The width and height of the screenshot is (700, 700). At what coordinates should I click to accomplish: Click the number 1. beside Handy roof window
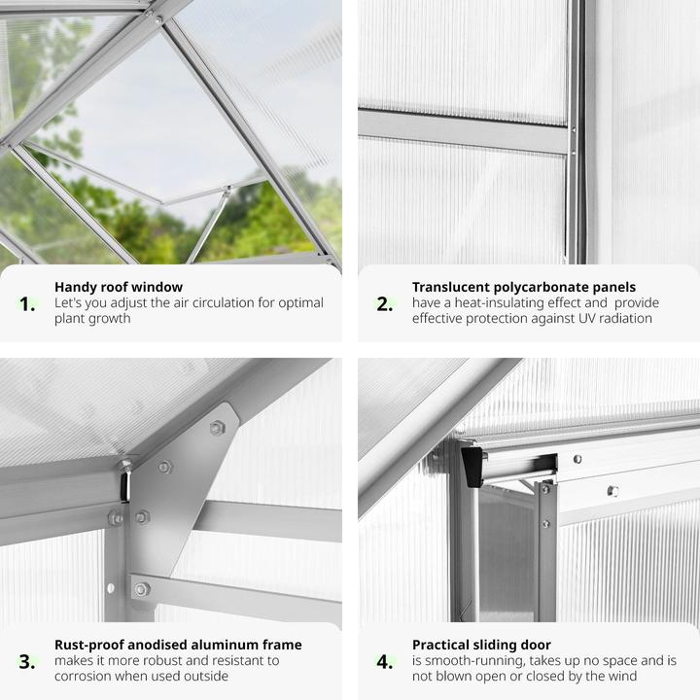[27, 304]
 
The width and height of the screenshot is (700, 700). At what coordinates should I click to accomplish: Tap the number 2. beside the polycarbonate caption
[385, 304]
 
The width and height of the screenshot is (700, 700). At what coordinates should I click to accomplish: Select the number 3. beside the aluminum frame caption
[27, 662]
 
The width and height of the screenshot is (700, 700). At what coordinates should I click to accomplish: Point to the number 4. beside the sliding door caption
[385, 662]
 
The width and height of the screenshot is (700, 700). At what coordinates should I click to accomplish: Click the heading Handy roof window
[119, 287]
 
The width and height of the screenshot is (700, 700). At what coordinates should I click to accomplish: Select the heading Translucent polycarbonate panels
[524, 287]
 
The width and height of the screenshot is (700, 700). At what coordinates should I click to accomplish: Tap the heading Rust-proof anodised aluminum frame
[178, 645]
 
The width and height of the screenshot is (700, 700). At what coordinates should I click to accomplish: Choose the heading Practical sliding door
[481, 645]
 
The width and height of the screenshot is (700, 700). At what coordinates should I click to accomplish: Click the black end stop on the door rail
[472, 467]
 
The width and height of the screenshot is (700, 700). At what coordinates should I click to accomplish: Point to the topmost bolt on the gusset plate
[217, 428]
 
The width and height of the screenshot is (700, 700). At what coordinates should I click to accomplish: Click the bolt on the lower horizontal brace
[142, 589]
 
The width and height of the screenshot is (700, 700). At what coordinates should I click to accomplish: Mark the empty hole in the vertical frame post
[111, 588]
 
